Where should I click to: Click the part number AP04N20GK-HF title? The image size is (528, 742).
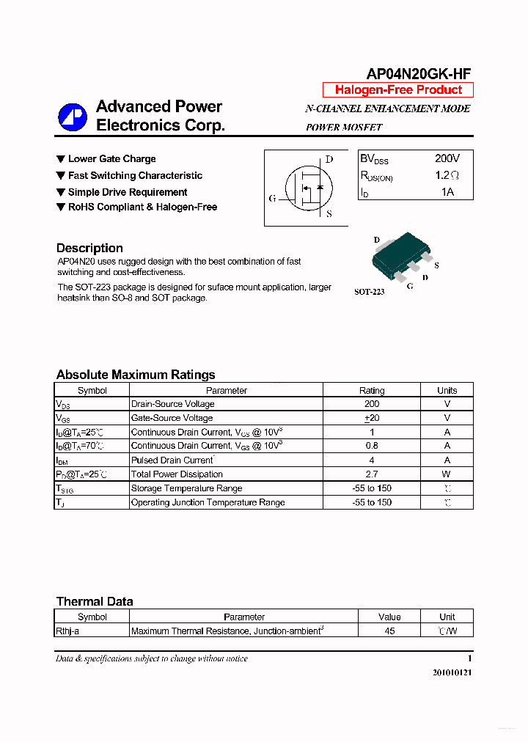pos(418,73)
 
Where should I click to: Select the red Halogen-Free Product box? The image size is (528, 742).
pos(398,90)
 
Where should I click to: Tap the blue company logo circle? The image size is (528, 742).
pos(73,117)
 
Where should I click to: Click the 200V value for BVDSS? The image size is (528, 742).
pos(447,158)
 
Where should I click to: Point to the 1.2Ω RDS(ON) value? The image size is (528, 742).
pos(447,175)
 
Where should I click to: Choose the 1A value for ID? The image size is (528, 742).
pos(447,192)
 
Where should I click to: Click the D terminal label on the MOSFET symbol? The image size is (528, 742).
pos(329,159)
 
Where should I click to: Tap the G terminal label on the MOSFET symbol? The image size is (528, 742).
pos(272,198)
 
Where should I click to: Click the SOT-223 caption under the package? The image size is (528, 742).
pos(369,292)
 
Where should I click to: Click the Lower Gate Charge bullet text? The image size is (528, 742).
pos(111,159)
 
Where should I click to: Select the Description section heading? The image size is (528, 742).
pos(89,248)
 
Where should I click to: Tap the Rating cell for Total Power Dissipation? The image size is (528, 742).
pos(372,474)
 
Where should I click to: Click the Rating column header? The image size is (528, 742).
pos(372,390)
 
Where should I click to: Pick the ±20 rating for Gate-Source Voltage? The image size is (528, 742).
pos(372,418)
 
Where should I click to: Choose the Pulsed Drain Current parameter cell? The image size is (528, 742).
pos(172,460)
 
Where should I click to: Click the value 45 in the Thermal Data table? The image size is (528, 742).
pos(389,631)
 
